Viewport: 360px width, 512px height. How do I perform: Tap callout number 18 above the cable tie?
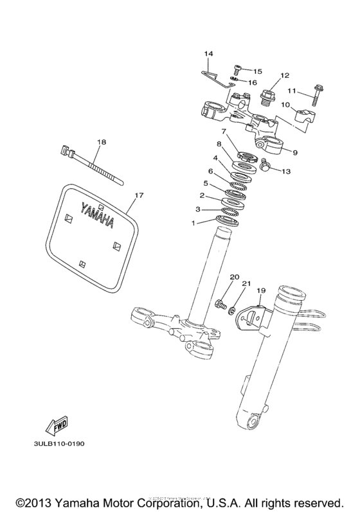tap(101, 141)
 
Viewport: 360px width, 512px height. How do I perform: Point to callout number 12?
tap(285, 75)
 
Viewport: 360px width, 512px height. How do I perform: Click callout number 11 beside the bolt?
tap(309, 91)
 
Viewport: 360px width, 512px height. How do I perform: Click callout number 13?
tap(286, 171)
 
